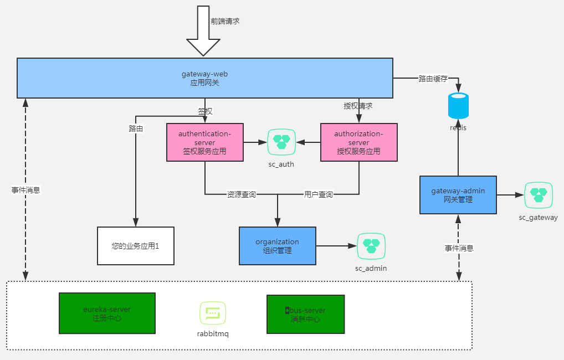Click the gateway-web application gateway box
point(204,78)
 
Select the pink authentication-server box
point(204,142)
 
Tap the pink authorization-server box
point(358,142)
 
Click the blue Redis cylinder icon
point(458,106)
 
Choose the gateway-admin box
point(458,194)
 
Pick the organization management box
point(277,245)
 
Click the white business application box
point(135,245)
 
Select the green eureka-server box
point(107,313)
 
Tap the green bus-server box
point(305,314)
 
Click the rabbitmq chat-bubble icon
point(213,313)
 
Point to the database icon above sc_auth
point(281,142)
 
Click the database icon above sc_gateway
point(538,195)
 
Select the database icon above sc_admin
point(371,246)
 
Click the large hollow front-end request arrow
point(203,30)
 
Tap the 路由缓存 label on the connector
point(433,79)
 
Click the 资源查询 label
point(241,194)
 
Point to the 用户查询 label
point(318,194)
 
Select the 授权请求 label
point(358,105)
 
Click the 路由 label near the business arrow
point(136,128)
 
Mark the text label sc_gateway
point(538,217)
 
